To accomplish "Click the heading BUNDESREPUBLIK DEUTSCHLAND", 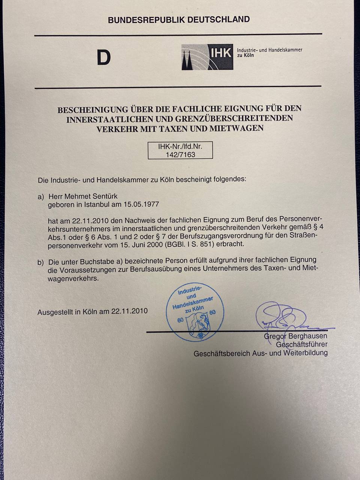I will click(x=178, y=20).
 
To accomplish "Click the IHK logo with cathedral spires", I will click(x=207, y=57).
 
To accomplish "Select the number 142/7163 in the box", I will click(x=180, y=154).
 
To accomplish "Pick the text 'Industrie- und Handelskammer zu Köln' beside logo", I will click(x=269, y=52).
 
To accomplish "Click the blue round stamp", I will click(x=195, y=312).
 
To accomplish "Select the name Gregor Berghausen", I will click(x=295, y=336).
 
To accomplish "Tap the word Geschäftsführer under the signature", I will click(x=301, y=344).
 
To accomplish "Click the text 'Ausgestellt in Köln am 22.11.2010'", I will click(x=92, y=311).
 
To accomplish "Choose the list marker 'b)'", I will click(x=40, y=262).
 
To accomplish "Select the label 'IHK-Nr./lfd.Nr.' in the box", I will click(x=180, y=147).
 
